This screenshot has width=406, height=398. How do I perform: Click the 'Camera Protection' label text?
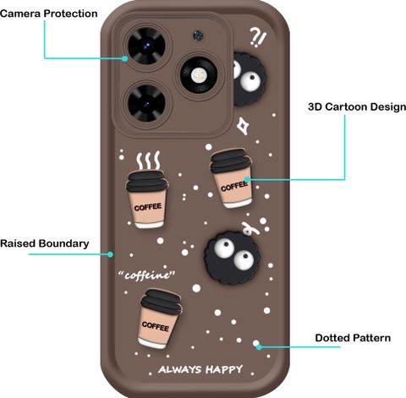[49, 14]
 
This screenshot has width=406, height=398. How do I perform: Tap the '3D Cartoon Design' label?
[357, 106]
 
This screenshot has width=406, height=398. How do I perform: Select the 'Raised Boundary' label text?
[45, 243]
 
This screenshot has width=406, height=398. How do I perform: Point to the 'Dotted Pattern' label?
[353, 338]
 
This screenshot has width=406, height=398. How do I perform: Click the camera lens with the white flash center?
[199, 74]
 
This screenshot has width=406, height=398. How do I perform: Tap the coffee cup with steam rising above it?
[147, 199]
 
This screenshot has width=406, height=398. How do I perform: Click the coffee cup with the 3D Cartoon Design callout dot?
[232, 178]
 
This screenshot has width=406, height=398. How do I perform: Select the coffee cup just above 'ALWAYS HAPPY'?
[159, 319]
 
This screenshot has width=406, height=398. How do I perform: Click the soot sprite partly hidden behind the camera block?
[249, 79]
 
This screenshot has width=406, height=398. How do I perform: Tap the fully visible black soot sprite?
[233, 257]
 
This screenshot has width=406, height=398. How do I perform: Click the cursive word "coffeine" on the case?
[146, 275]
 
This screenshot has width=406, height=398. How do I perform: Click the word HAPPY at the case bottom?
[224, 369]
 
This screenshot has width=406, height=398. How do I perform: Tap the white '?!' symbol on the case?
[258, 37]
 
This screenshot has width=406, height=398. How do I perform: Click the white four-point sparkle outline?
[243, 126]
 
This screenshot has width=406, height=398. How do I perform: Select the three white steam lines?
[148, 161]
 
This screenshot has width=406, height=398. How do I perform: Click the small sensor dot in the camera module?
[198, 36]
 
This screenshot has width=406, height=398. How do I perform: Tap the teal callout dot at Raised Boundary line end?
[111, 254]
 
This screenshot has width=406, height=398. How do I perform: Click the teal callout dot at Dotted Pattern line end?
[259, 347]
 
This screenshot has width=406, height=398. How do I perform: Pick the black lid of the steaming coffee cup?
[147, 181]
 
